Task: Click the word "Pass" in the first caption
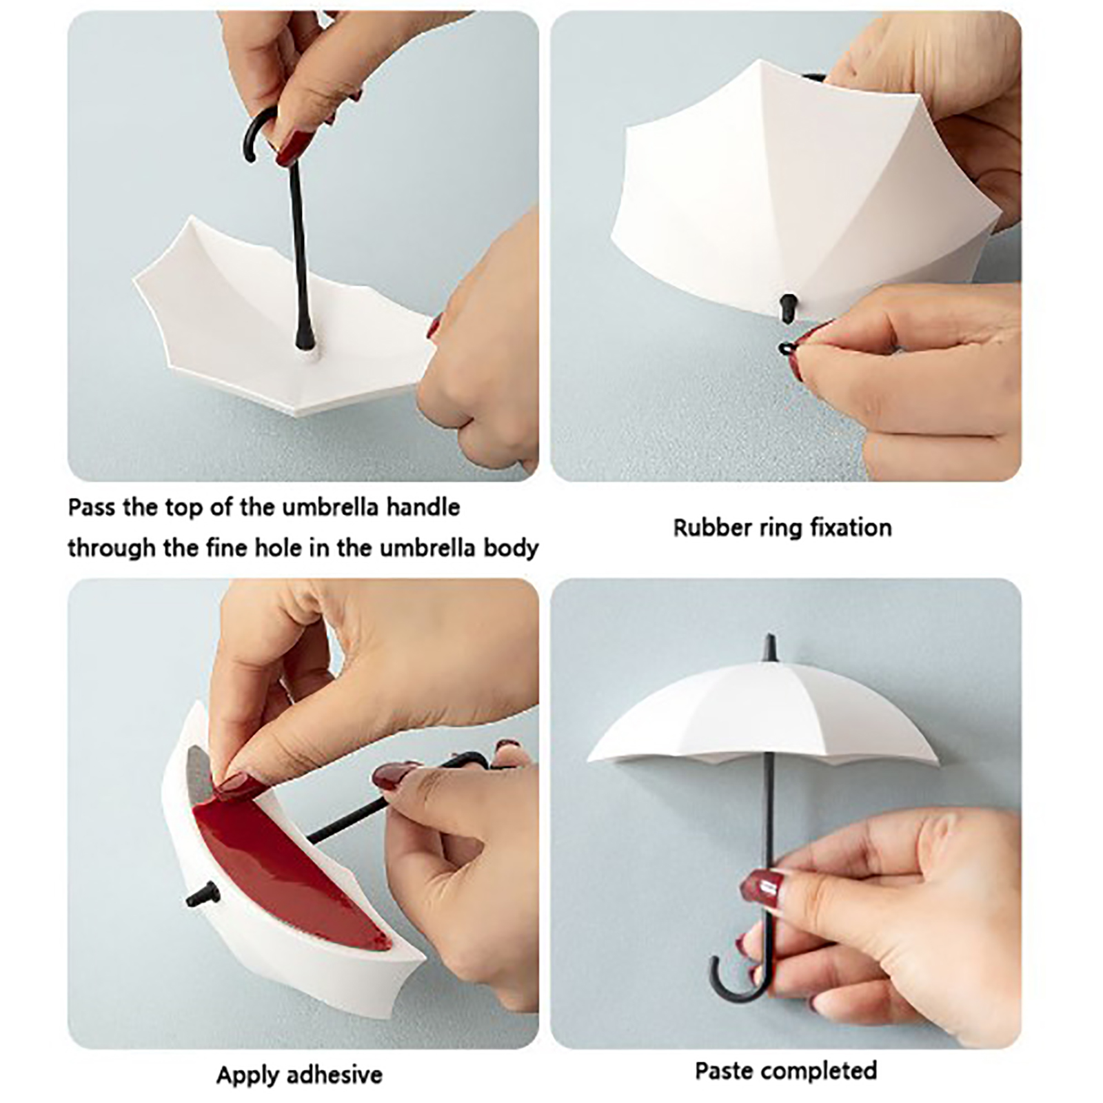92,508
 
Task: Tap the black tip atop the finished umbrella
770,649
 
